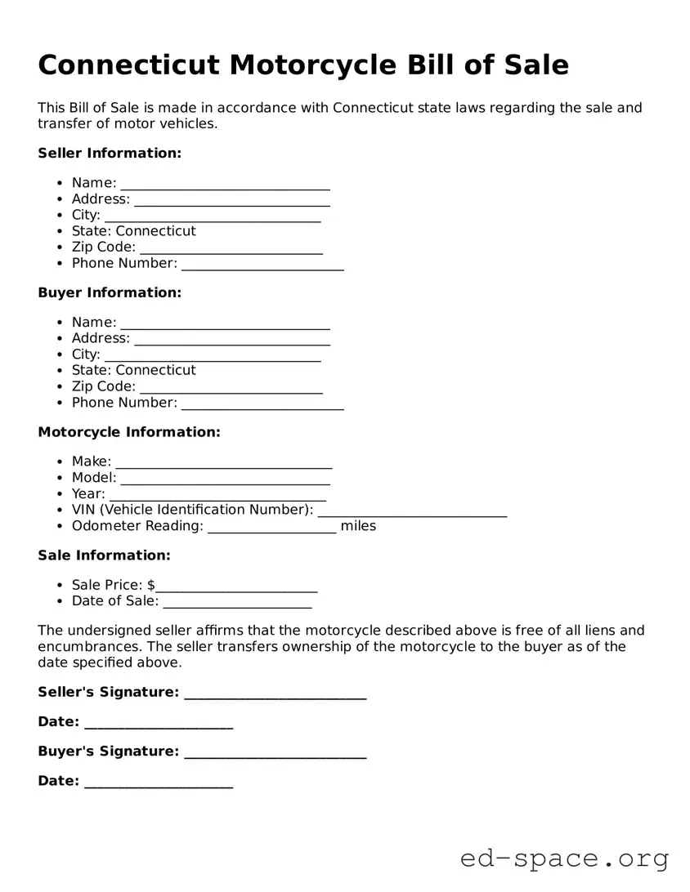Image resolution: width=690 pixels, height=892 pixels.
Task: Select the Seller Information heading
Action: (x=110, y=153)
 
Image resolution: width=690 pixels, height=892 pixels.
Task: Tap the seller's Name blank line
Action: (x=225, y=184)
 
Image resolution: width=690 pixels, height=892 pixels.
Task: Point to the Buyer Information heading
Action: (x=110, y=292)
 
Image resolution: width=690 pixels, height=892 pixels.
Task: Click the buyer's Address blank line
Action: (x=231, y=339)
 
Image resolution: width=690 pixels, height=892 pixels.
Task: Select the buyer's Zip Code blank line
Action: (x=231, y=387)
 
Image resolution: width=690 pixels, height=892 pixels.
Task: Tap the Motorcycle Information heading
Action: (x=129, y=432)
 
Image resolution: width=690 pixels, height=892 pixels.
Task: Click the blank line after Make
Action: (x=224, y=462)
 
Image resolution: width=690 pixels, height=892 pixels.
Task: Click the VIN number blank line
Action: (x=412, y=511)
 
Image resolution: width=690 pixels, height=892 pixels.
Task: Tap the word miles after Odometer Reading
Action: (x=358, y=526)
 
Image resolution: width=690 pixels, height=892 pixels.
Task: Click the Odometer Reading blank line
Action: (x=271, y=527)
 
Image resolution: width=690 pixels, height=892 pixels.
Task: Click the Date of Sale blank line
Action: (x=237, y=602)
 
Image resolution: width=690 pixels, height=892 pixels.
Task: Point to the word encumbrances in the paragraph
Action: (x=84, y=647)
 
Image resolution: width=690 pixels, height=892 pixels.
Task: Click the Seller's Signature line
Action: (x=276, y=694)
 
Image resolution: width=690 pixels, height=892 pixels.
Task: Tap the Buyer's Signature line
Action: (x=276, y=752)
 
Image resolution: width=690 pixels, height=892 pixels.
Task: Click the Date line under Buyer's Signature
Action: (x=159, y=782)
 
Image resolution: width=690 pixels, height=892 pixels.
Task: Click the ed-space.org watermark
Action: (x=564, y=859)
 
